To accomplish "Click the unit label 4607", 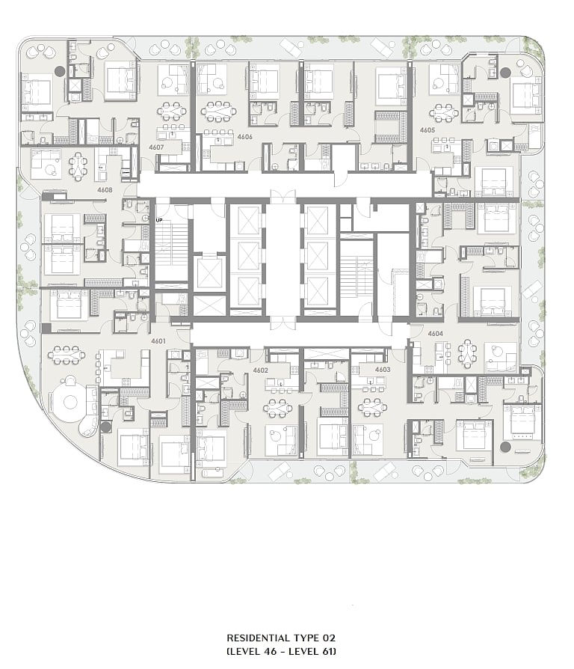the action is point(156,147).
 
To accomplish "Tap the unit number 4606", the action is point(245,137).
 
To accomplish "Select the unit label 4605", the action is point(428,130).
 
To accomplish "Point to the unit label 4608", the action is point(105,190).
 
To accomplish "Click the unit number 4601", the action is point(158,341).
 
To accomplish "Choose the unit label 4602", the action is point(260,370).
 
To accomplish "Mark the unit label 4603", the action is point(383,370).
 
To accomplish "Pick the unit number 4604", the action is point(436,334).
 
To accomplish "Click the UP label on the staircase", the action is point(159,220).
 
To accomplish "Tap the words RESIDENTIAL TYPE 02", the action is point(281,638).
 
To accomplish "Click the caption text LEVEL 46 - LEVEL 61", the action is point(281,652).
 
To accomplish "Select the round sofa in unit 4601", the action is point(70,402).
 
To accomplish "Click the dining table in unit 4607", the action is point(171,111).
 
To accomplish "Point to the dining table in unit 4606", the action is point(218,111).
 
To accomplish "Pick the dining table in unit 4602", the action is point(278,409).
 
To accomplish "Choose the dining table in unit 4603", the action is point(372,407).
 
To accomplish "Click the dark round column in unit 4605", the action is point(505,73).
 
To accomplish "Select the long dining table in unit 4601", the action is point(66,355).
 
